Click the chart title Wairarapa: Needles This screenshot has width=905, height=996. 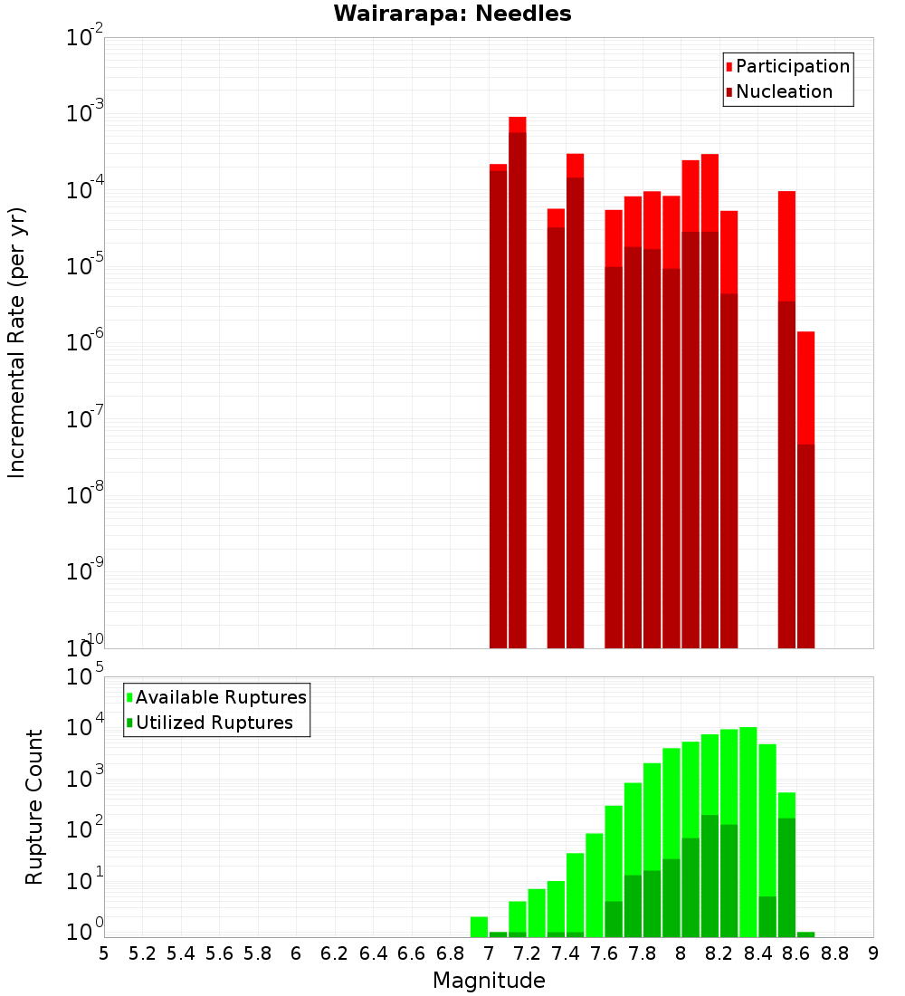pyautogui.click(x=452, y=14)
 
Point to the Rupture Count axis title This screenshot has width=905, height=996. pyautogui.click(x=34, y=806)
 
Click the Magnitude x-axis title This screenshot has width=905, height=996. pyautogui.click(x=489, y=981)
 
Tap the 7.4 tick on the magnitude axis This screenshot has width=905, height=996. pyautogui.click(x=566, y=953)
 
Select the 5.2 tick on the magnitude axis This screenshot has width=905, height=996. pyautogui.click(x=142, y=953)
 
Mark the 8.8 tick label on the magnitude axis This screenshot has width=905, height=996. pyautogui.click(x=835, y=953)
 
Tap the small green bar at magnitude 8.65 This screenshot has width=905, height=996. pyautogui.click(x=805, y=934)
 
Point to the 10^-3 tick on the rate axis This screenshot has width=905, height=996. pyautogui.click(x=85, y=114)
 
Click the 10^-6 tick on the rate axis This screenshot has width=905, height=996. pyautogui.click(x=85, y=343)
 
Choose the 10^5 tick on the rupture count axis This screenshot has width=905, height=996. pyautogui.click(x=85, y=677)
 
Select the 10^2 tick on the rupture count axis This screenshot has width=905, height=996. pyautogui.click(x=85, y=831)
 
